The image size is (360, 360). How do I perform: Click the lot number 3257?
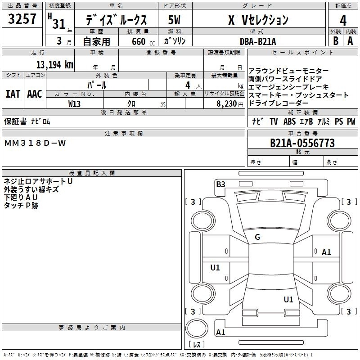22,20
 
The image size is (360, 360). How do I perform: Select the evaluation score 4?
343,20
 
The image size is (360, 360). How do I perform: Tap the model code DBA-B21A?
258,41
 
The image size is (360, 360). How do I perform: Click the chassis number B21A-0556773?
302,143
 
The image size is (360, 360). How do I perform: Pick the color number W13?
75,103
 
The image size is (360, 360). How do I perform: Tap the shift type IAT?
13,94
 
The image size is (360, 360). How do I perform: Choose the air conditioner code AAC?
35,94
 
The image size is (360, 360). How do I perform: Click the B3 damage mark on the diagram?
220,184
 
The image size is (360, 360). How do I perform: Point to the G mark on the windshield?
257,237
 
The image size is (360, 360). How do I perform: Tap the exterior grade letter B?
335,41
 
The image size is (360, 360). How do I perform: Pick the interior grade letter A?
350,41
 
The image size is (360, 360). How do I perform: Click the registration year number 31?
59,24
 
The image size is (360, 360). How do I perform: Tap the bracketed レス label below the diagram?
196,345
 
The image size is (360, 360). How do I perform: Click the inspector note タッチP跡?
21,205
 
